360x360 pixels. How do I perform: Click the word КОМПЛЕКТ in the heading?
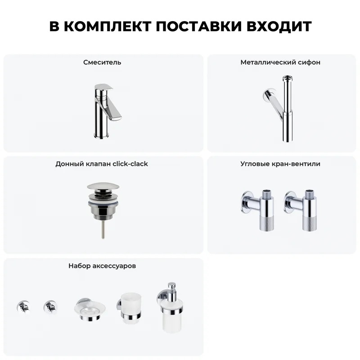pos(108,26)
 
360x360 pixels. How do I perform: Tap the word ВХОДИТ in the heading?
pos(279,26)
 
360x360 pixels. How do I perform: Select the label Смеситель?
pos(102,63)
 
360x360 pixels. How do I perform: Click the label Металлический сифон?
pos(280,63)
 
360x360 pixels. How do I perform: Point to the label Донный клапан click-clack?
pos(102,164)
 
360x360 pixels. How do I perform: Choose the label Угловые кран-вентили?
pos(280,164)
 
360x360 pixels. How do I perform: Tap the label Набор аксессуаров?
pos(102,266)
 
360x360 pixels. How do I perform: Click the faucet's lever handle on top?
pos(104,87)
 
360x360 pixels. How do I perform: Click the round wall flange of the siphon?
pos(267,94)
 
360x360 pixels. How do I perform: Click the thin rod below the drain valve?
pos(103,229)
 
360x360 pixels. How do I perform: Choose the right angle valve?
pos(301,210)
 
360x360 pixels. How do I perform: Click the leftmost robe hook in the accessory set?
pos(23,307)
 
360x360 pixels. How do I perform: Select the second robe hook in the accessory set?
pos(50,307)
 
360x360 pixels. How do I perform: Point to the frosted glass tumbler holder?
pos(130,308)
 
